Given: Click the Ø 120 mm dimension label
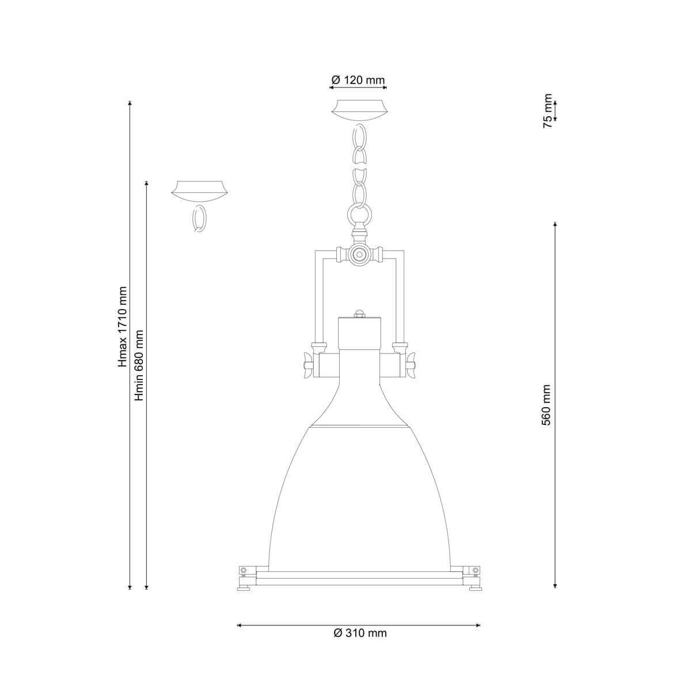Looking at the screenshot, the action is pyautogui.click(x=358, y=79).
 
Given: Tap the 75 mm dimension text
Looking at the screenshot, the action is pyautogui.click(x=548, y=111).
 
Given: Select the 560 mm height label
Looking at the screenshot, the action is pyautogui.click(x=546, y=405).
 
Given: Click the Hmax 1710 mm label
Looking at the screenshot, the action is pyautogui.click(x=123, y=326).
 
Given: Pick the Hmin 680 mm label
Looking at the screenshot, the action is pyautogui.click(x=139, y=365).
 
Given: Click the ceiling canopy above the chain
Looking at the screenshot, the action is pyautogui.click(x=359, y=111).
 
